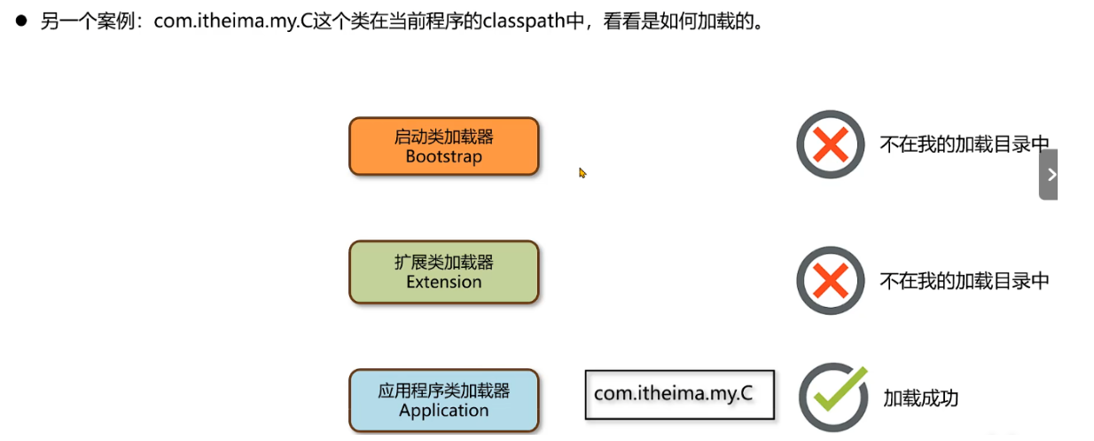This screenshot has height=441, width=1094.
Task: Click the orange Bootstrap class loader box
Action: click(x=443, y=146)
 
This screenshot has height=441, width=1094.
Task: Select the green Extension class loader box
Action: click(x=443, y=272)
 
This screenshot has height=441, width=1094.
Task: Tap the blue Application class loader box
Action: click(x=443, y=400)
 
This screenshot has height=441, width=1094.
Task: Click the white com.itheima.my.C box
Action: click(x=679, y=394)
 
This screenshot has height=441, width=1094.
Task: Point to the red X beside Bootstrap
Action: click(x=830, y=145)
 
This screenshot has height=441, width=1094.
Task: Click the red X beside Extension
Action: click(x=830, y=280)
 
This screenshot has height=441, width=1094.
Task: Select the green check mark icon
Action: click(x=833, y=396)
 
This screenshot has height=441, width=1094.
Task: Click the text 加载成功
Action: click(x=920, y=398)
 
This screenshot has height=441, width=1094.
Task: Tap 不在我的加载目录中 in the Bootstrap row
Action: click(x=965, y=145)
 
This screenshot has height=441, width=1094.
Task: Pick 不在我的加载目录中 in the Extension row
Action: click(x=965, y=281)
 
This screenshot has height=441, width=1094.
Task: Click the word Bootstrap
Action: click(x=443, y=157)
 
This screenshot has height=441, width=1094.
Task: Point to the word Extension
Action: click(x=443, y=282)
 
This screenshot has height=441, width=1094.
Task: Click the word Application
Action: click(x=443, y=411)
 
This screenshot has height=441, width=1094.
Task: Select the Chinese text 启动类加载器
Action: click(x=443, y=137)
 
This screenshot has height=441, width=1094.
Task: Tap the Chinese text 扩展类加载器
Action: click(x=443, y=263)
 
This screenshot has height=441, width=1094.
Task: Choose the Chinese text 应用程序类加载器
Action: click(x=443, y=390)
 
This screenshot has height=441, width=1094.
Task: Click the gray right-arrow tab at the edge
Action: click(x=1050, y=175)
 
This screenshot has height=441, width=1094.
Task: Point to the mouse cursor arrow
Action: click(x=582, y=172)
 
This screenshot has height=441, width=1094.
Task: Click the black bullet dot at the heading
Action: click(x=22, y=20)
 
